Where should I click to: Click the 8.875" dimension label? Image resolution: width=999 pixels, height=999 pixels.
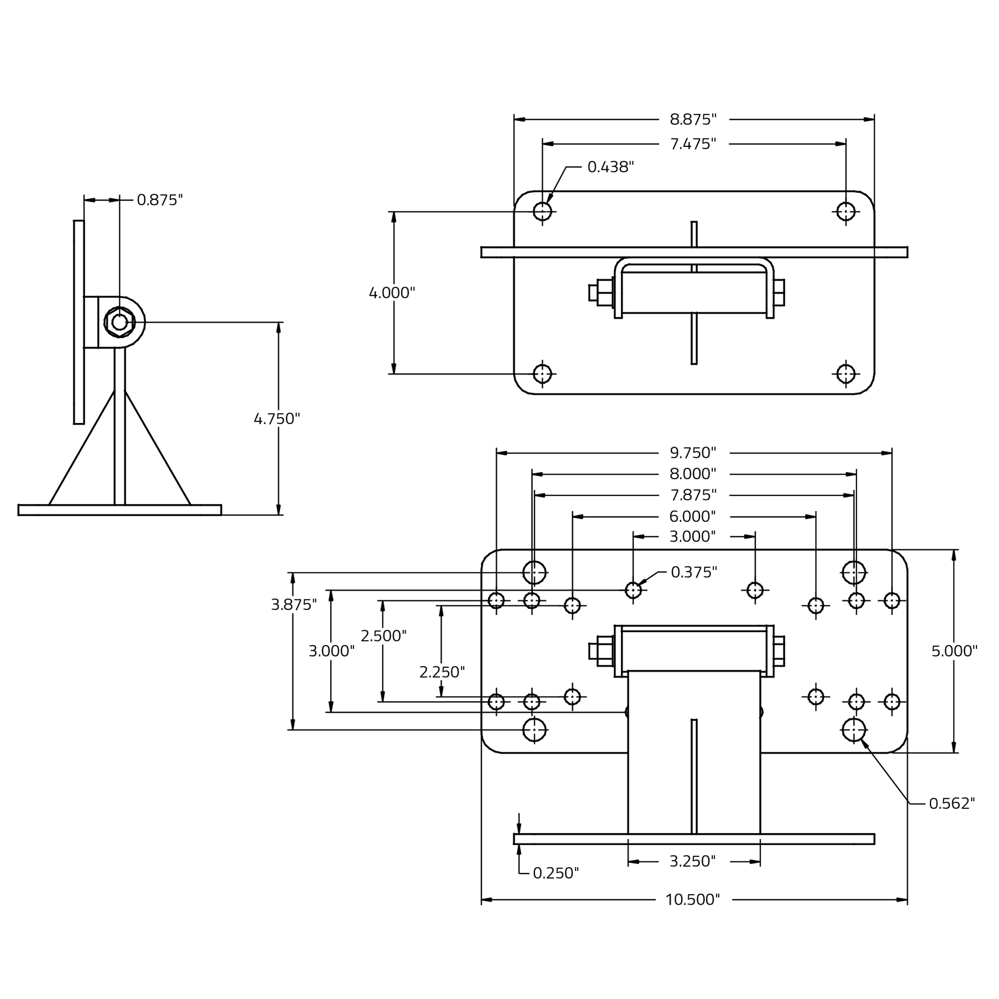[x=693, y=119]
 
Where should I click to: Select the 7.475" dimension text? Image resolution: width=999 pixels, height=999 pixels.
[x=693, y=144]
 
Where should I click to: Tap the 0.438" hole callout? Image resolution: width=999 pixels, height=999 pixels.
[x=610, y=167]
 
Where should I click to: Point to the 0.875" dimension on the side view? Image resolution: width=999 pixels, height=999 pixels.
[x=160, y=200]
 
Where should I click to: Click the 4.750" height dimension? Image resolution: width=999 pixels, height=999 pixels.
[x=277, y=419]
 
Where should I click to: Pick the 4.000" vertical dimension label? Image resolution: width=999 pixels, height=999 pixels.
[x=392, y=293]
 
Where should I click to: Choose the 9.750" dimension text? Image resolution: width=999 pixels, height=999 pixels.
[x=693, y=453]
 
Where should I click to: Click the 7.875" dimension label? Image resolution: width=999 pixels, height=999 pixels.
[x=693, y=496]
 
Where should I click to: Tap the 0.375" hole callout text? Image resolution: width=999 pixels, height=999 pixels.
[x=694, y=572]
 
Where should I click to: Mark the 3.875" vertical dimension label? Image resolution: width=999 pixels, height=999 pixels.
[x=294, y=604]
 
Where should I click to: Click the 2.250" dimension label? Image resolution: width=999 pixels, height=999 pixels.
[x=442, y=672]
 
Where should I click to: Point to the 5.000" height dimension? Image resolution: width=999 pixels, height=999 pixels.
[x=955, y=651]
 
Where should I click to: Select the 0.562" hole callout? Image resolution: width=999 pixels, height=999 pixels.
[x=952, y=803]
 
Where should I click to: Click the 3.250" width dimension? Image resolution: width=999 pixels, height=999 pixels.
[x=692, y=862]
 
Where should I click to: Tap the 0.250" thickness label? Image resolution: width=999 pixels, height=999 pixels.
[x=556, y=873]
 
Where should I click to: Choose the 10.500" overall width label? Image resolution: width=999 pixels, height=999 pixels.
[x=692, y=900]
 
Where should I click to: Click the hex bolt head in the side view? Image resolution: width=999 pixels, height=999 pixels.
[x=119, y=322]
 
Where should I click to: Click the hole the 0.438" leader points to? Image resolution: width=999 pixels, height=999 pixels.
[x=542, y=211]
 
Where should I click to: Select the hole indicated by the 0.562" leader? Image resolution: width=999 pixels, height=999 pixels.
[x=854, y=730]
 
